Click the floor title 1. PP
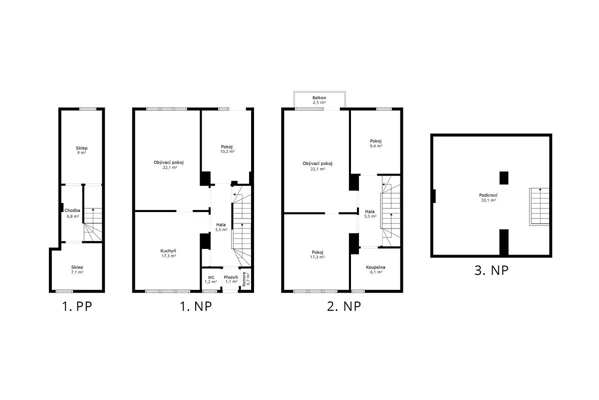[77, 306]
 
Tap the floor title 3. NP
[491, 270]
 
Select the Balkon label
[319, 98]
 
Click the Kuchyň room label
[168, 251]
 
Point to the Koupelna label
[375, 267]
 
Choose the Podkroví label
[488, 195]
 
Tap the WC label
[211, 277]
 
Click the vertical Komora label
[244, 279]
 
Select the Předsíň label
[231, 277]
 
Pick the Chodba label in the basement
[72, 210]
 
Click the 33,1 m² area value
[489, 200]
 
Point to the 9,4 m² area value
[376, 146]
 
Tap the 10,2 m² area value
[227, 151]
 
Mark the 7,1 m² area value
[77, 272]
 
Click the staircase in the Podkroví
[540, 206]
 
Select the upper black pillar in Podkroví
[504, 178]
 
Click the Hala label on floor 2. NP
[370, 211]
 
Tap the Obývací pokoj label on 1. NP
[169, 162]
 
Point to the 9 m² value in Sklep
[81, 152]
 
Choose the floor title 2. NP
[344, 306]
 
